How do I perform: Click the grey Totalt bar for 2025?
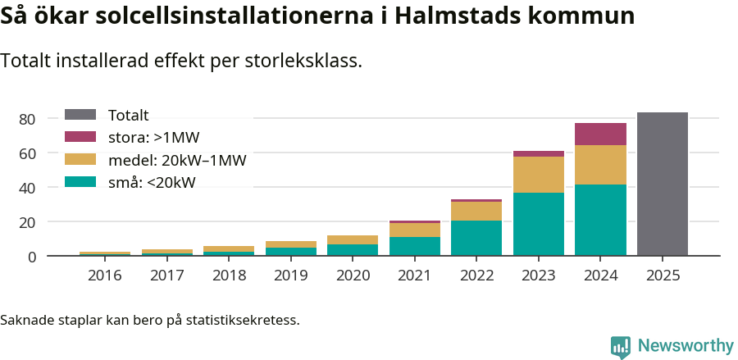coord(662,184)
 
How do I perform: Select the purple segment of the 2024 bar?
coord(600,134)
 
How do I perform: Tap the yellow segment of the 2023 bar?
coord(538,174)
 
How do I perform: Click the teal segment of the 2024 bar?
coord(600,220)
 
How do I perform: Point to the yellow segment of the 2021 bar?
coord(414,230)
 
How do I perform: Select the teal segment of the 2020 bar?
coord(353,250)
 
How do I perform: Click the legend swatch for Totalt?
coord(80,116)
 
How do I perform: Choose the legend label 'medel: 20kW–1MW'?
coord(177,160)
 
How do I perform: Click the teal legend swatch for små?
coord(80,182)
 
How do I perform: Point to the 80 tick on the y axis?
coord(27,120)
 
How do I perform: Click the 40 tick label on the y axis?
coord(27,188)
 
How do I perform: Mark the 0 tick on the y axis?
coord(31,257)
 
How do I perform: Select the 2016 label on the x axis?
coord(104,276)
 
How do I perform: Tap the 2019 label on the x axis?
coord(290,276)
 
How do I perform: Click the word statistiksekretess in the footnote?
coord(242,320)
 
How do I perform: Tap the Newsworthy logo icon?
coord(621,346)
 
